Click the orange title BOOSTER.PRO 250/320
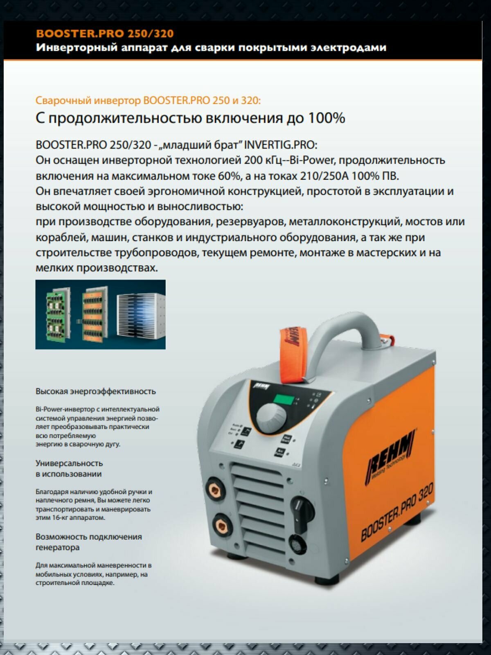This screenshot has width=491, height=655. (105, 34)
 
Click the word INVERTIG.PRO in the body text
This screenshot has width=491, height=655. (280, 145)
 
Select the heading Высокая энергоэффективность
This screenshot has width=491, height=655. (96, 391)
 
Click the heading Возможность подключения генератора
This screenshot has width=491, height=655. (88, 542)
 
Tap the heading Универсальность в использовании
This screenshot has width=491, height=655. (69, 469)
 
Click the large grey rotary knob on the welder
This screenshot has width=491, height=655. (272, 418)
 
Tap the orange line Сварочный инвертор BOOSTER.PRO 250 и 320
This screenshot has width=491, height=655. (148, 100)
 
